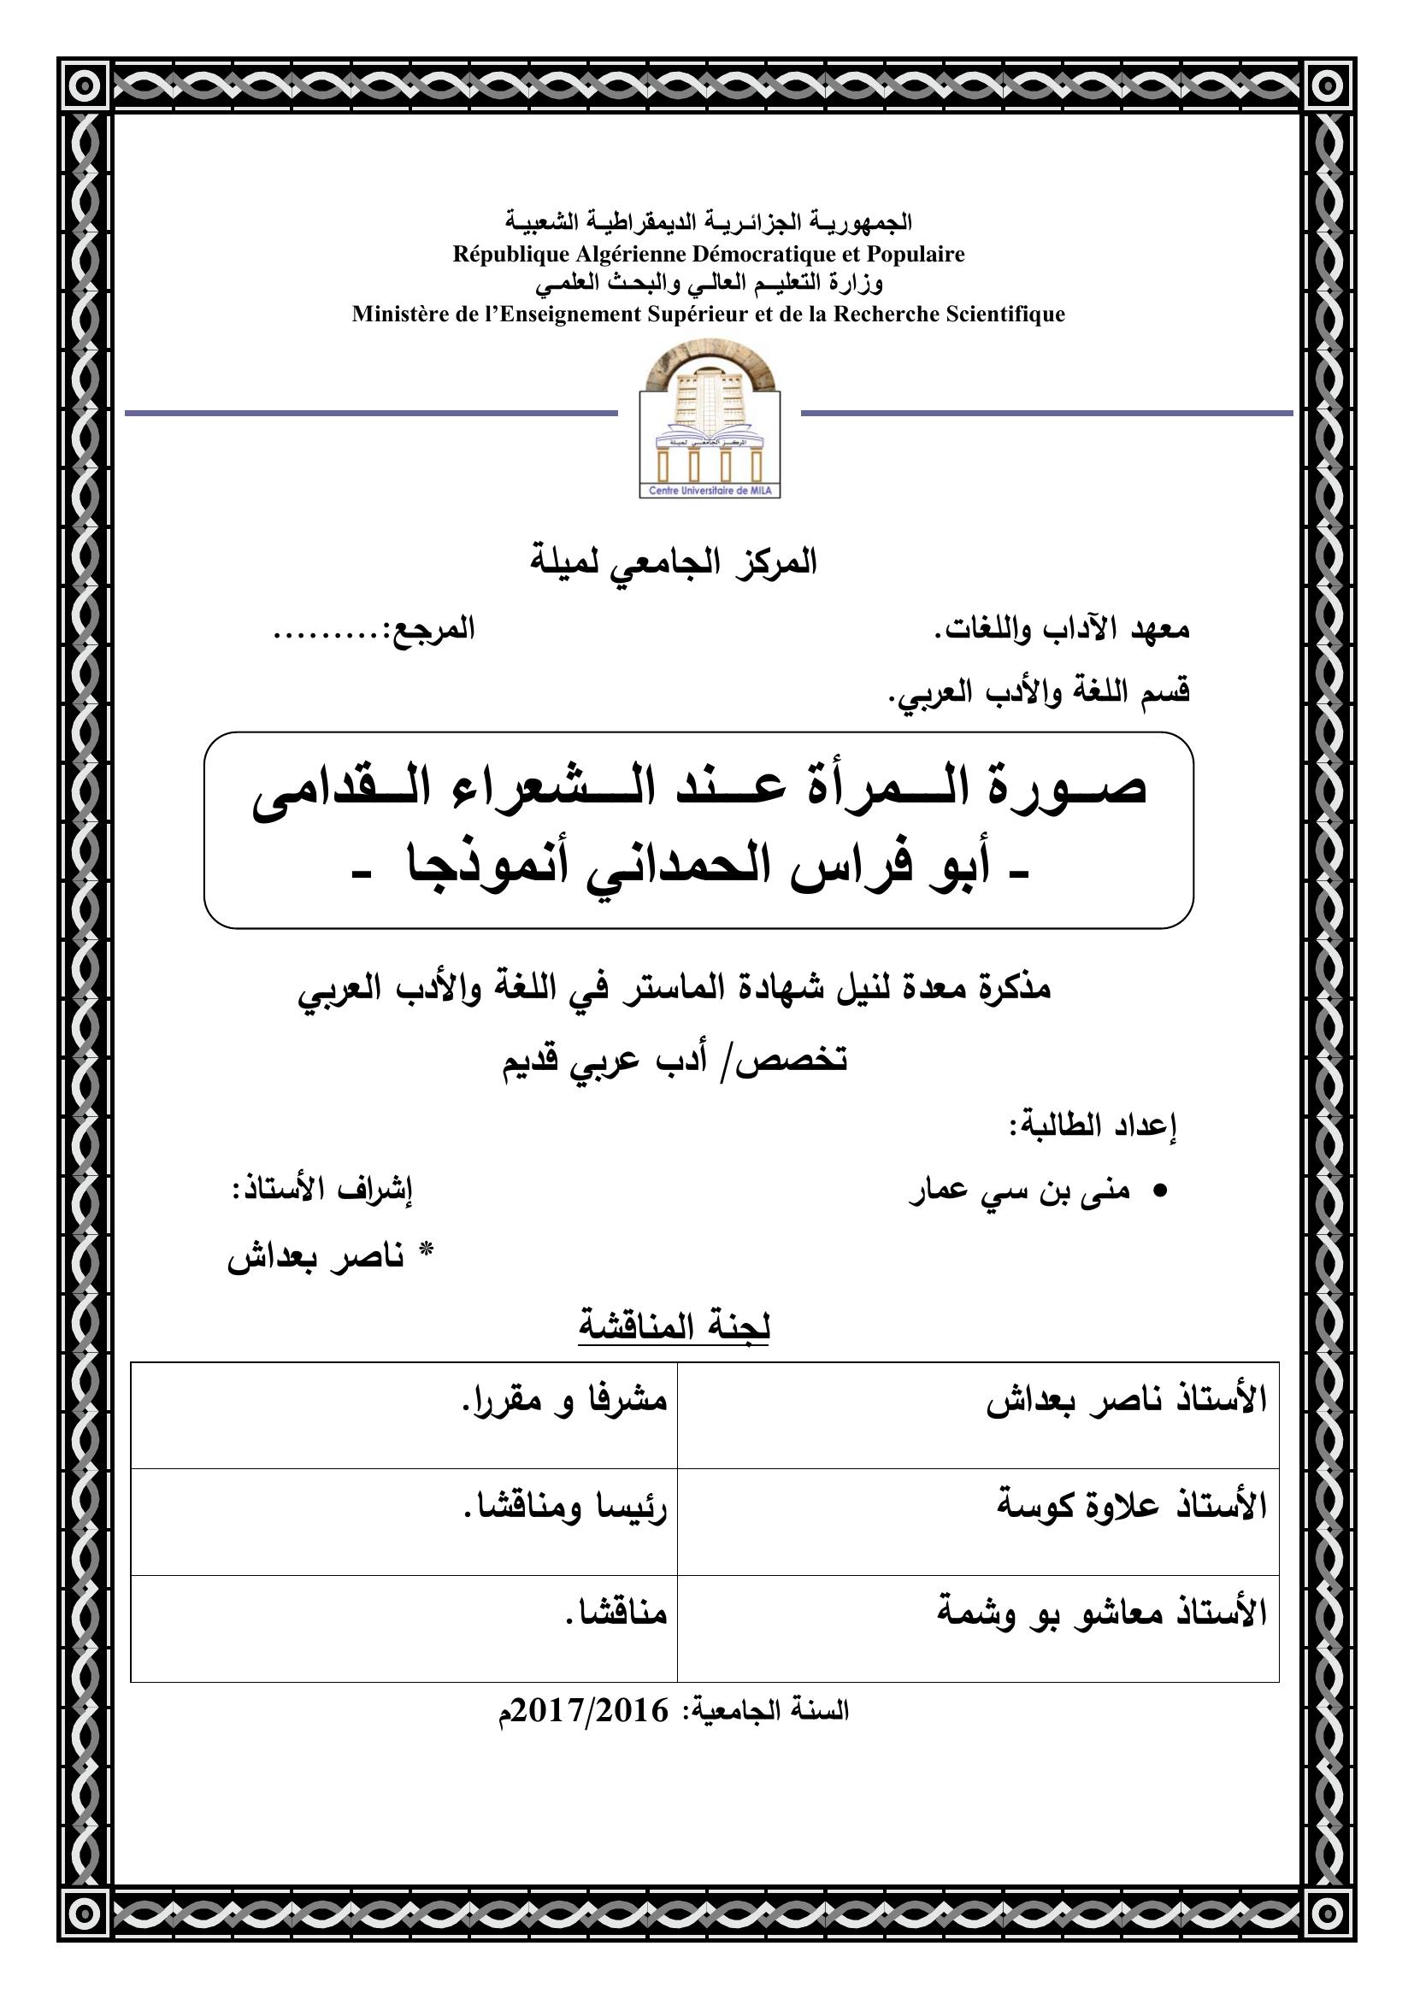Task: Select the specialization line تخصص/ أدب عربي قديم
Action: click(x=675, y=1062)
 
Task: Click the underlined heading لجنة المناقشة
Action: click(x=675, y=1327)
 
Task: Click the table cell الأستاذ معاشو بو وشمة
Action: click(x=1101, y=1614)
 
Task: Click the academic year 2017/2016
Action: click(x=592, y=1711)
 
